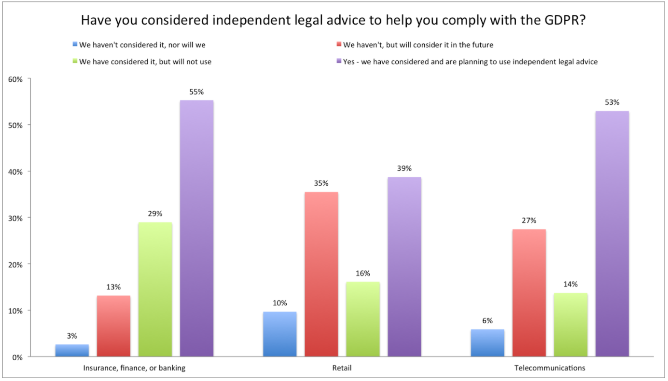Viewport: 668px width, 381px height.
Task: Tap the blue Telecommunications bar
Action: tap(487, 343)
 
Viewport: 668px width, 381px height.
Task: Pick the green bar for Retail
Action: tap(363, 319)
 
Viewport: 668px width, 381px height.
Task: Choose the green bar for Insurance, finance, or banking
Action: tap(155, 289)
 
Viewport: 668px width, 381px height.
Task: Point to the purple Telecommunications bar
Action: tap(612, 233)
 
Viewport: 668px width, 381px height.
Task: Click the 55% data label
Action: tap(196, 91)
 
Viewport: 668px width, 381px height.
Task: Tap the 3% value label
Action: tap(72, 335)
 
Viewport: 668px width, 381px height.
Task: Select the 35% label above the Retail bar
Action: tap(321, 183)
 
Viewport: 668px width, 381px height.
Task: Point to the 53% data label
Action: tap(612, 102)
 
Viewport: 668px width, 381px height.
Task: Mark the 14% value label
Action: tap(571, 284)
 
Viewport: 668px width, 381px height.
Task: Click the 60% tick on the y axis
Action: tap(16, 79)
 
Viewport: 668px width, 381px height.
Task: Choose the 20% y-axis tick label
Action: tap(16, 264)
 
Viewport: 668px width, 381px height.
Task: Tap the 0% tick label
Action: tap(18, 357)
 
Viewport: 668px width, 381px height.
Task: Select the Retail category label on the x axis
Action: tap(342, 368)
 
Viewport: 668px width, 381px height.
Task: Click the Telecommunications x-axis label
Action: tap(549, 368)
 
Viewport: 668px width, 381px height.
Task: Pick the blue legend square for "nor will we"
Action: tap(75, 44)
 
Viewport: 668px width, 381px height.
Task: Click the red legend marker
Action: tap(339, 44)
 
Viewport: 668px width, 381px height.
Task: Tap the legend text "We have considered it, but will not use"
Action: tap(145, 62)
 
